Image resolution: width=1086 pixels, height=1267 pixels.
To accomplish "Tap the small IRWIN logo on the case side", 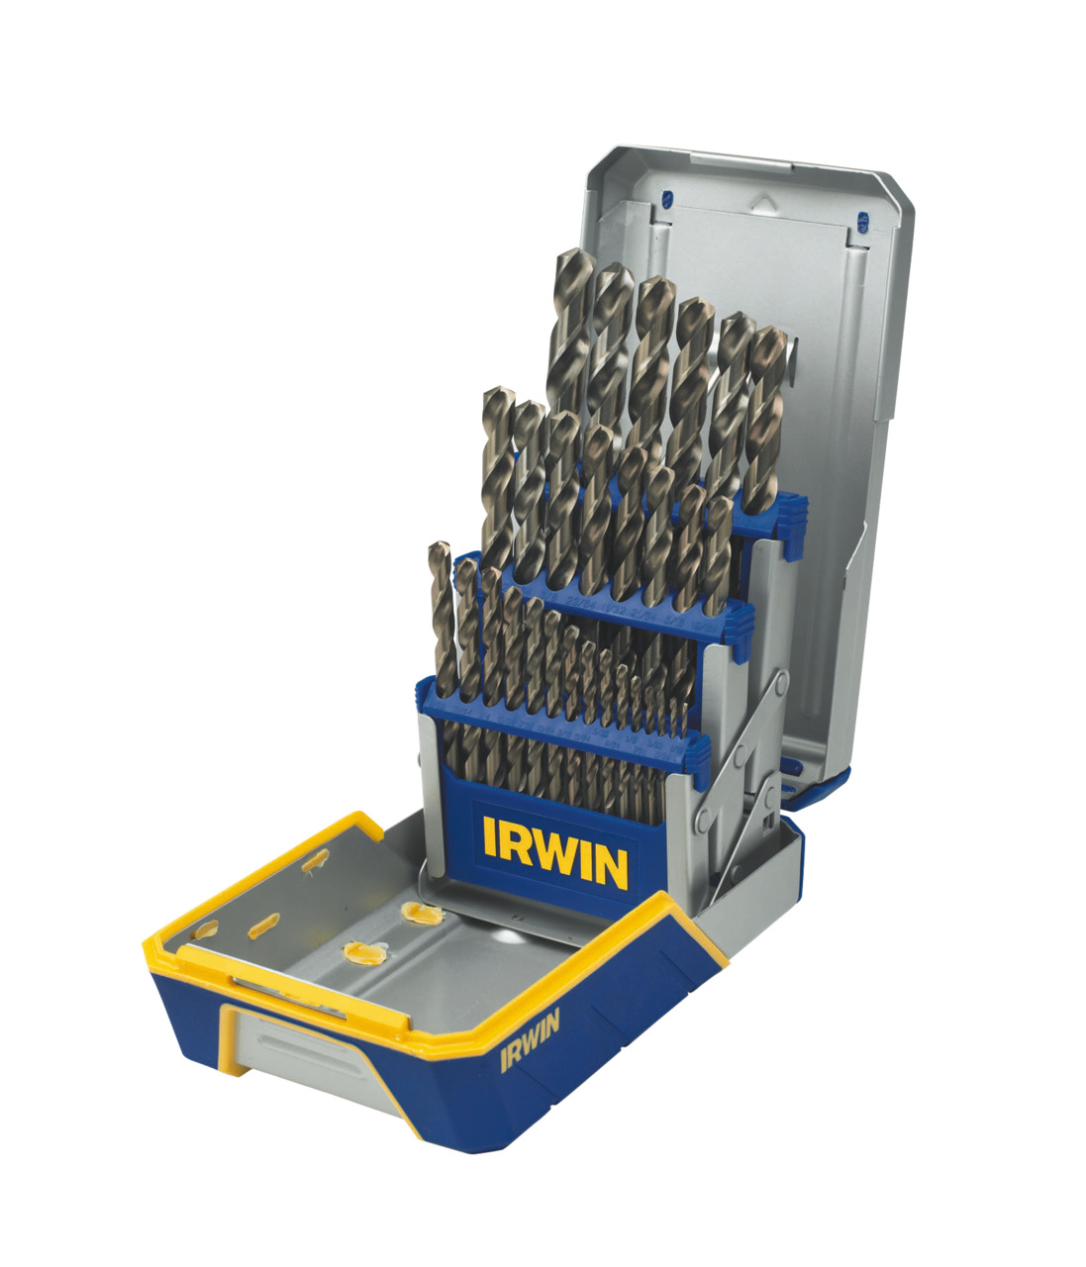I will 531,1039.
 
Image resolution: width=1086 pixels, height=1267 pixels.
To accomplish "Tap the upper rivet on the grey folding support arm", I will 781,681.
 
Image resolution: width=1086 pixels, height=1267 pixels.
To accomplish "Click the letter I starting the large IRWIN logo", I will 490,836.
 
